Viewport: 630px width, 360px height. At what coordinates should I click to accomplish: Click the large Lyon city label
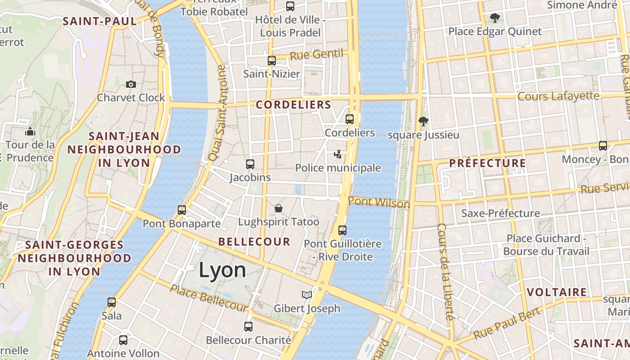(x=222, y=270)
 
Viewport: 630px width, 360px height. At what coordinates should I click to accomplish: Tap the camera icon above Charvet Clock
(x=131, y=84)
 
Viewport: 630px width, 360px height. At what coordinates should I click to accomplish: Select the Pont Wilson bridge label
(x=379, y=202)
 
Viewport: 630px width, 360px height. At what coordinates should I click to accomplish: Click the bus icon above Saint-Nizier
(x=272, y=61)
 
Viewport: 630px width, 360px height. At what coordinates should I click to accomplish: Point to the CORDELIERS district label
(x=293, y=105)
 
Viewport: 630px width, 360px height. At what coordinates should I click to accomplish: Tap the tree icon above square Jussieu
(x=423, y=121)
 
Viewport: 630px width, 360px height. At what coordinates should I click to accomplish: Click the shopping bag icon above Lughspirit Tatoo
(x=279, y=208)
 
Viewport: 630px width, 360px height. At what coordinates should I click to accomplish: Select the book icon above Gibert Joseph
(x=307, y=295)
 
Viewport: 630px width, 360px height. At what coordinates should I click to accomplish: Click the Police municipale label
(x=338, y=168)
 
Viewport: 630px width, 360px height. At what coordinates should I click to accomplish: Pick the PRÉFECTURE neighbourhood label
(x=487, y=163)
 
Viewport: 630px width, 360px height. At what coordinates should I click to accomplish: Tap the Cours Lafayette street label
(x=558, y=96)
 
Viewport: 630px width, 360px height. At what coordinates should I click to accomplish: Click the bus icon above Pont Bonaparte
(x=182, y=210)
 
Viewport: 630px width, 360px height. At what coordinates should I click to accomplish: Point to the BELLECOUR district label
(x=254, y=242)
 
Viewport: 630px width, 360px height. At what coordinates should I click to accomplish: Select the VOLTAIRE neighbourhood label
(x=557, y=292)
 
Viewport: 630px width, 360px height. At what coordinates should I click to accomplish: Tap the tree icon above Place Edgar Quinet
(x=495, y=18)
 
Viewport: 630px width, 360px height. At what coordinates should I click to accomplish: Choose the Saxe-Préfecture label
(x=500, y=213)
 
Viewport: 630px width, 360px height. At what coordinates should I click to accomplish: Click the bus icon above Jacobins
(x=250, y=164)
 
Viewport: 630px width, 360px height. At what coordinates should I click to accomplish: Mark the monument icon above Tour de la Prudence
(x=30, y=131)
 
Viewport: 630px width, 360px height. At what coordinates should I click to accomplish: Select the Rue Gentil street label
(x=316, y=55)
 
